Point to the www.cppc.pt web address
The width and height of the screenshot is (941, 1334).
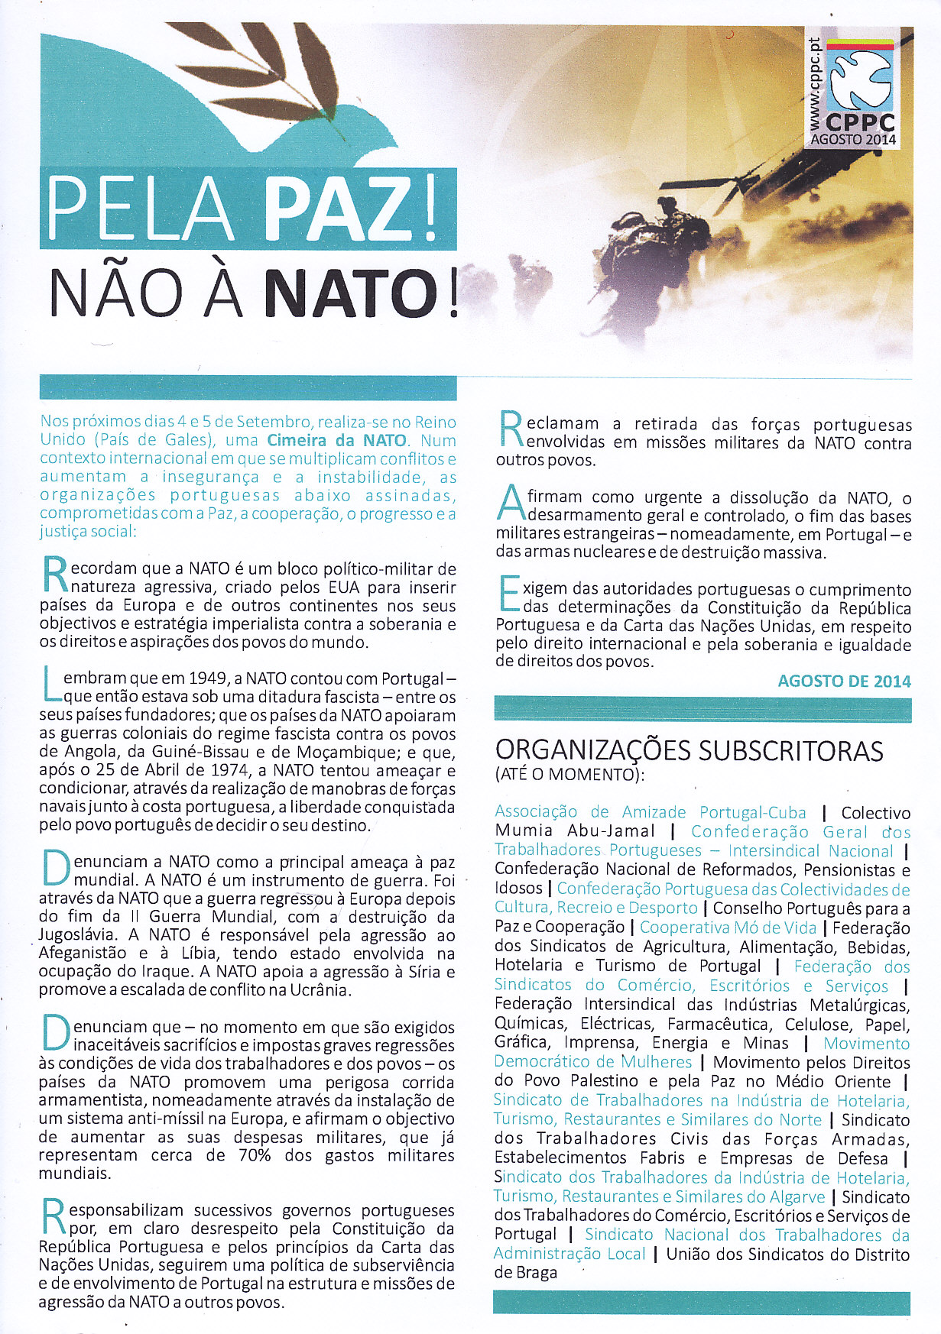[x=815, y=76]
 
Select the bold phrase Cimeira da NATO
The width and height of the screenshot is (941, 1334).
[x=339, y=441]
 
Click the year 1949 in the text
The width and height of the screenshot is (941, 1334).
[x=207, y=678]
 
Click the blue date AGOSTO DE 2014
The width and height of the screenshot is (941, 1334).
[x=844, y=681]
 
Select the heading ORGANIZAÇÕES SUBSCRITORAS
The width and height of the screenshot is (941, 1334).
[x=689, y=750]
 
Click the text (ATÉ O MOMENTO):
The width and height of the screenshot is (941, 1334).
[x=569, y=775]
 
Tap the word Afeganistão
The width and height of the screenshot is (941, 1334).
[x=84, y=954]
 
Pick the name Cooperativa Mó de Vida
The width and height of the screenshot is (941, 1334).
[x=728, y=928]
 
